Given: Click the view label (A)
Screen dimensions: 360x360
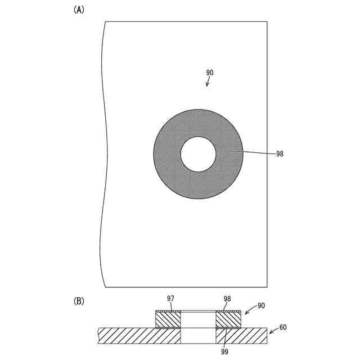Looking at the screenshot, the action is tap(79, 10).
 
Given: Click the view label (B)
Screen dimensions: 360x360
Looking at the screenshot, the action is tap(79, 301).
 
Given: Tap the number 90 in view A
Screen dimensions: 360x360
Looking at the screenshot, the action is tap(209, 73).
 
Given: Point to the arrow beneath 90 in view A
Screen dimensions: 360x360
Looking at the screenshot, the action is tap(208, 82).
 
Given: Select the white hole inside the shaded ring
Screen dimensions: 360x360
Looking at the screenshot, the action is tap(198, 154).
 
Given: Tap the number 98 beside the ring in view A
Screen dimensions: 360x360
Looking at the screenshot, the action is tap(280, 154).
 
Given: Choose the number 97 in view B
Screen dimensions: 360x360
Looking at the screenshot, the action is tap(170, 299).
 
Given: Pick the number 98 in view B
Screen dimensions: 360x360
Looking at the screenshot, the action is tap(227, 299).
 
